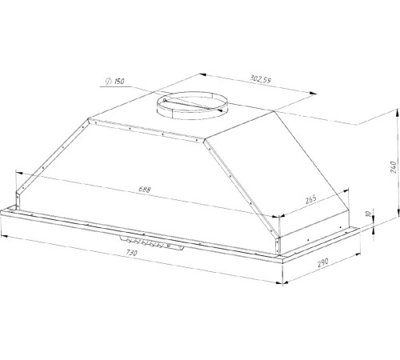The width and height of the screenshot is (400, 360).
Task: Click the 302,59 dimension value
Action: tap(260, 79)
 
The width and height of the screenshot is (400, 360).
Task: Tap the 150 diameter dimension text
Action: tap(119, 81)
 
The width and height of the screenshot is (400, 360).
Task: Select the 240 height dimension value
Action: tap(394, 167)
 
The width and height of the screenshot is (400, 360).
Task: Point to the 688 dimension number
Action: tap(145, 190)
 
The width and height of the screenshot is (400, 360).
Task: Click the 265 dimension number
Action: tap(311, 199)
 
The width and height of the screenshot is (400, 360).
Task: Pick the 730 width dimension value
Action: tap(131, 252)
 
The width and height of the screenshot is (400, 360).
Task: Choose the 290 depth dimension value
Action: tap(323, 262)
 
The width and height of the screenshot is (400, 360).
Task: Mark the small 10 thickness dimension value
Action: tap(368, 214)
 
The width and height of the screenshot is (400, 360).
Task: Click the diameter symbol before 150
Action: tap(109, 81)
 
